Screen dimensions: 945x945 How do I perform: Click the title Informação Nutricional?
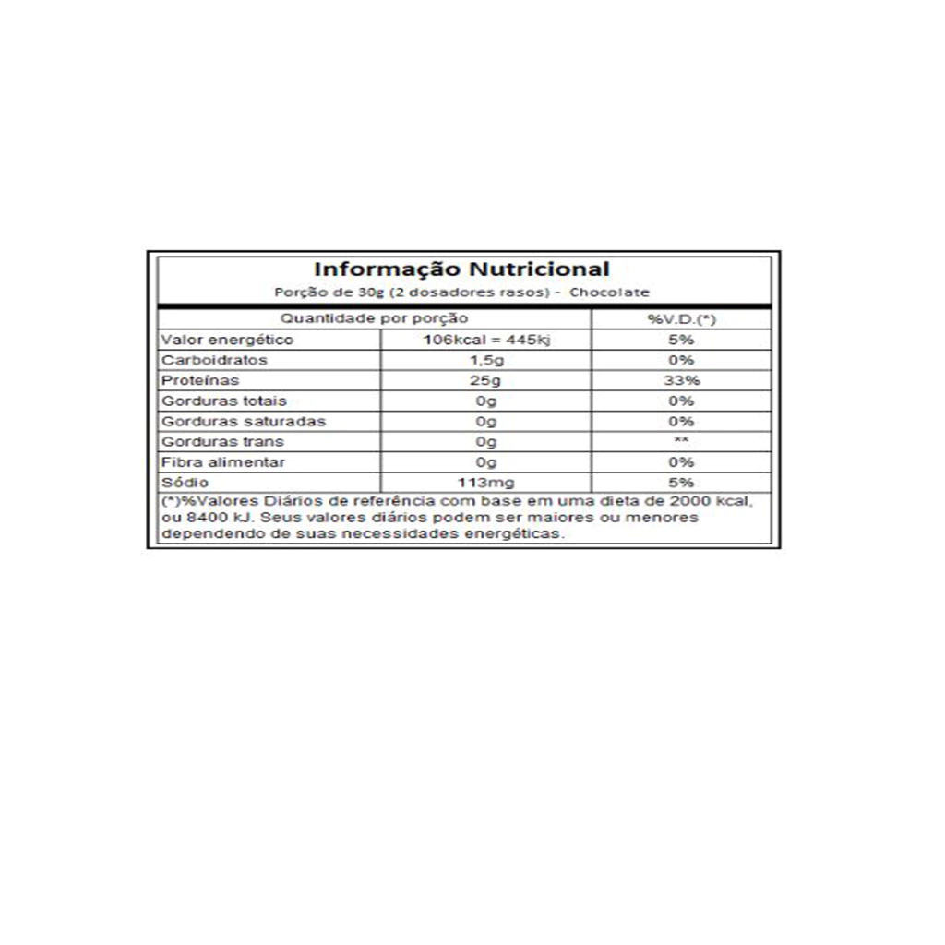pos(461,269)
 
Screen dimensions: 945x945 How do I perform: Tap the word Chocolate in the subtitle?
pos(610,293)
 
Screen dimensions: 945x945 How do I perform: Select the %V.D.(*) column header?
pos(682,319)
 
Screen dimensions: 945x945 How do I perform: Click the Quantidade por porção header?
pos(374,319)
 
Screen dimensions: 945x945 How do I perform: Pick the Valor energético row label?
pos(214,340)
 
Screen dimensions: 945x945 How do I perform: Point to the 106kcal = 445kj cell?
pos(485,340)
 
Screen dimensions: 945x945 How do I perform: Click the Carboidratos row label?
pos(214,360)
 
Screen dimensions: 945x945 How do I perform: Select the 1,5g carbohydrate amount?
pos(485,360)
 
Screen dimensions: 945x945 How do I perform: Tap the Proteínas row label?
pos(200,380)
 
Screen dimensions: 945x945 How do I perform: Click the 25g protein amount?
pos(485,380)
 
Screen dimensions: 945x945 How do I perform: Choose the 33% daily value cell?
pos(682,380)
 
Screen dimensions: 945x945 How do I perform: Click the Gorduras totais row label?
pos(224,401)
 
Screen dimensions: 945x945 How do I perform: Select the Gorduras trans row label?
pos(221,441)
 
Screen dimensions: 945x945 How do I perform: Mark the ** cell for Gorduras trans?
pos(682,441)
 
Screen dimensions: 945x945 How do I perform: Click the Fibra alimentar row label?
pos(223,462)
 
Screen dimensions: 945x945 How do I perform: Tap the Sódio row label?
pos(185,483)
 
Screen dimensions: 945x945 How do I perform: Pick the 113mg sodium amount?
pos(485,483)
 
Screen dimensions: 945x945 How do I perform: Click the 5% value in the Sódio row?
pos(682,483)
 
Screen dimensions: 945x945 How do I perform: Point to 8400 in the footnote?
pos(202,518)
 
